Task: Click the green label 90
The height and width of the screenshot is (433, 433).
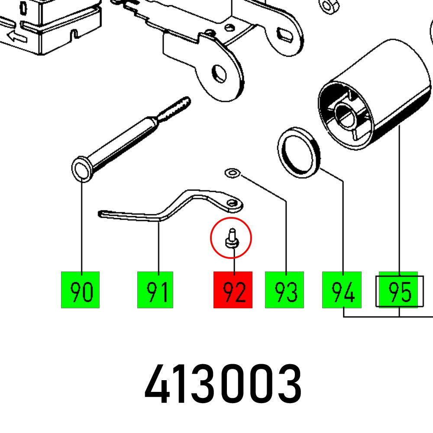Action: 80,290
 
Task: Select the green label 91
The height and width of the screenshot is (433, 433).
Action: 155,290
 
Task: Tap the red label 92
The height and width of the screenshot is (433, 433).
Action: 233,290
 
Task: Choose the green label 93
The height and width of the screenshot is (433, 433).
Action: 284,290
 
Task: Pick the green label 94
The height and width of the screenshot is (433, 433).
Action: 341,290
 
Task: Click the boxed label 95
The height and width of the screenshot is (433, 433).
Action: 398,290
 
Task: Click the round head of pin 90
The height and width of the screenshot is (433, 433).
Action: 81,169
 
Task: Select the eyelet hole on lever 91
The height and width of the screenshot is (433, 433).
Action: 233,203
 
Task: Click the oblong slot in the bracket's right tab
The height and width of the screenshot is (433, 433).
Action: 285,33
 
